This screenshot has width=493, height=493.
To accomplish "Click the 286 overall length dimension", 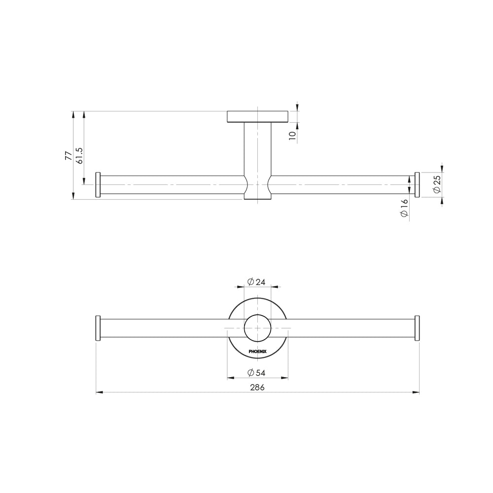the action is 257,387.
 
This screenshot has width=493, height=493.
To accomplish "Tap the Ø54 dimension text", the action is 256,373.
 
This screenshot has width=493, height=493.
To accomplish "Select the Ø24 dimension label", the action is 256,282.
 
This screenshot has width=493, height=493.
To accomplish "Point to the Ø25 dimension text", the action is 437,184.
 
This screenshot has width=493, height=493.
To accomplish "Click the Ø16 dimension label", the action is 404,208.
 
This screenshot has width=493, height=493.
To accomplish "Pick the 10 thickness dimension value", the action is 292,136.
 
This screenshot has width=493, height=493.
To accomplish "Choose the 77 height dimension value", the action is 68,155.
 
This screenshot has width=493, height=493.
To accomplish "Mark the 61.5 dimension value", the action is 79,155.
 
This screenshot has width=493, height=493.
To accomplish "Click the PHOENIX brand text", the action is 257,352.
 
